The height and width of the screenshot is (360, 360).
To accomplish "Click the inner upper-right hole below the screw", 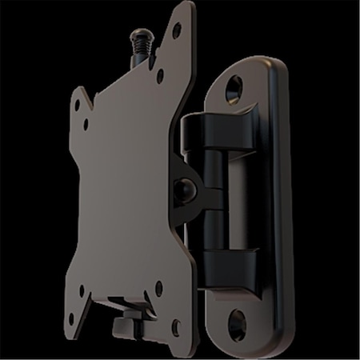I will [160, 78].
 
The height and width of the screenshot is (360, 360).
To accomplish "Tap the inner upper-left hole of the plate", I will [86, 125].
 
